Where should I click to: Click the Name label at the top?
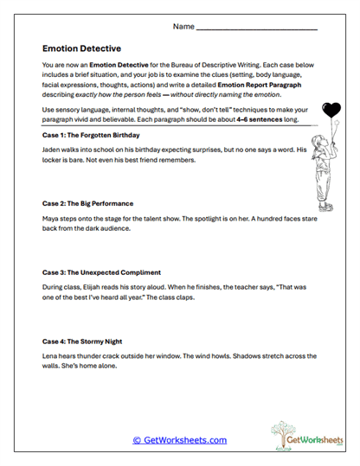tap(183, 27)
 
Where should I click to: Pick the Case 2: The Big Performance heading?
tap(90, 203)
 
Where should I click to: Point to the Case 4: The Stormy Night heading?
tap(86, 341)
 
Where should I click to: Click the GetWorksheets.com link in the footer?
tap(179, 440)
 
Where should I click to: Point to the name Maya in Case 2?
tap(51, 218)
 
